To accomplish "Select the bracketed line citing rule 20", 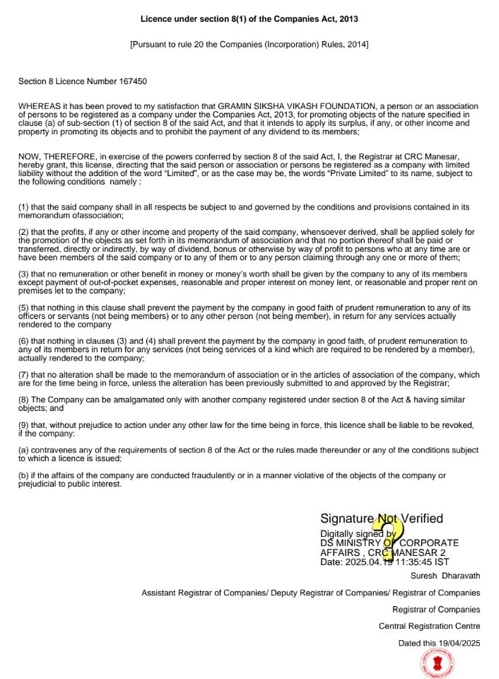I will (249, 45).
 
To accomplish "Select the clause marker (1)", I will (24, 207).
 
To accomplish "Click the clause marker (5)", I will (24, 308).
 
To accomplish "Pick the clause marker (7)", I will (24, 375).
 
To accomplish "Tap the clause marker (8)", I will (24, 400).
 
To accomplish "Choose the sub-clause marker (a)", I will (24, 451).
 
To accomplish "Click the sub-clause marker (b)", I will (24, 476).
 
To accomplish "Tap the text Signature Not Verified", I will (382, 518).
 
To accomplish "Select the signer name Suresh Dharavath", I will (445, 576).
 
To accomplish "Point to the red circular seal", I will (437, 663).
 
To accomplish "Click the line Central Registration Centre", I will (429, 626).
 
